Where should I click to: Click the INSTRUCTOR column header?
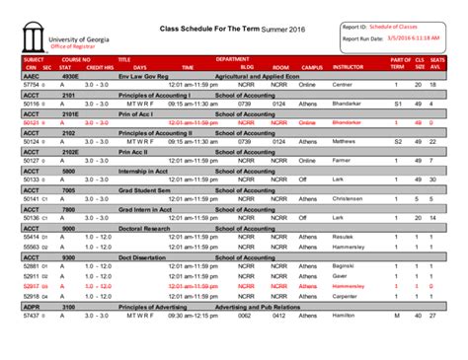point(348,66)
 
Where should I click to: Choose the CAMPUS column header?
point(312,66)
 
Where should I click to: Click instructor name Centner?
point(344,86)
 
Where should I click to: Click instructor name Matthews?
point(345,140)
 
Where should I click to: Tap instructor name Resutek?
point(344,237)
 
